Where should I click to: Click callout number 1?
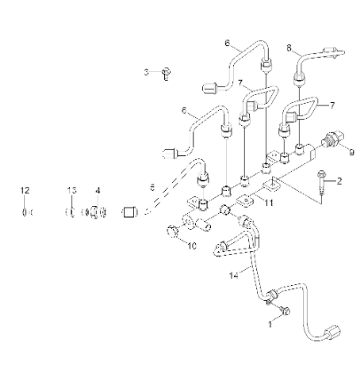pos(271,326)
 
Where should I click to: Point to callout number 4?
pos(98,190)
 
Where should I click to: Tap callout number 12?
pos(26,190)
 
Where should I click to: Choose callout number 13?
pos(73,190)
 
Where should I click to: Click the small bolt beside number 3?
pos(166,74)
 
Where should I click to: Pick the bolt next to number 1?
pos(285,310)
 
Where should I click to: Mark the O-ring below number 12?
pos(26,212)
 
